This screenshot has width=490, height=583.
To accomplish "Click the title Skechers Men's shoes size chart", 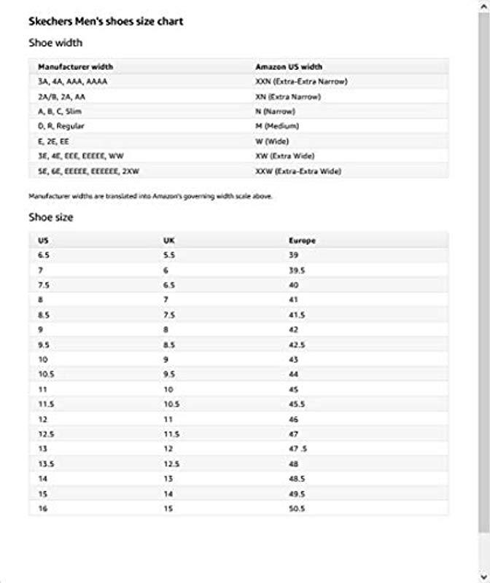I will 106,22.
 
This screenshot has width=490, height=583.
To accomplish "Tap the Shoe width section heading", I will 55,43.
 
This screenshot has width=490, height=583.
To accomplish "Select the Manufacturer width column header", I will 75,67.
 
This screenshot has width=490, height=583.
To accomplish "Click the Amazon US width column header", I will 289,67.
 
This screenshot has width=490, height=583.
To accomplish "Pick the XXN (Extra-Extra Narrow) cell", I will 301,82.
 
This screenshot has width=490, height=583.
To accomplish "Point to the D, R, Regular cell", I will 61,127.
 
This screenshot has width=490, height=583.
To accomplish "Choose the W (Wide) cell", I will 272,141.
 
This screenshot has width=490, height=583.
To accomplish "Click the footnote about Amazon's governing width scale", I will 150,196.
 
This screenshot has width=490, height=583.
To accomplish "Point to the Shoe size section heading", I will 51,217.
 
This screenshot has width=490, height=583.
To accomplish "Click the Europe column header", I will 302,240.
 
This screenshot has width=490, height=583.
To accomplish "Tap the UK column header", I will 168,240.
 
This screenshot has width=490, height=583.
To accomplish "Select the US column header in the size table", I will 43,240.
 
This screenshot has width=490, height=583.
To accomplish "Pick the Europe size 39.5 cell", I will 297,270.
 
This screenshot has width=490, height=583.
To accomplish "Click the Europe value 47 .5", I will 297,449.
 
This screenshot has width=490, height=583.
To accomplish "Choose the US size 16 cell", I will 42,509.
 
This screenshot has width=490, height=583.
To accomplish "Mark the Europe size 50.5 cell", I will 297,509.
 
